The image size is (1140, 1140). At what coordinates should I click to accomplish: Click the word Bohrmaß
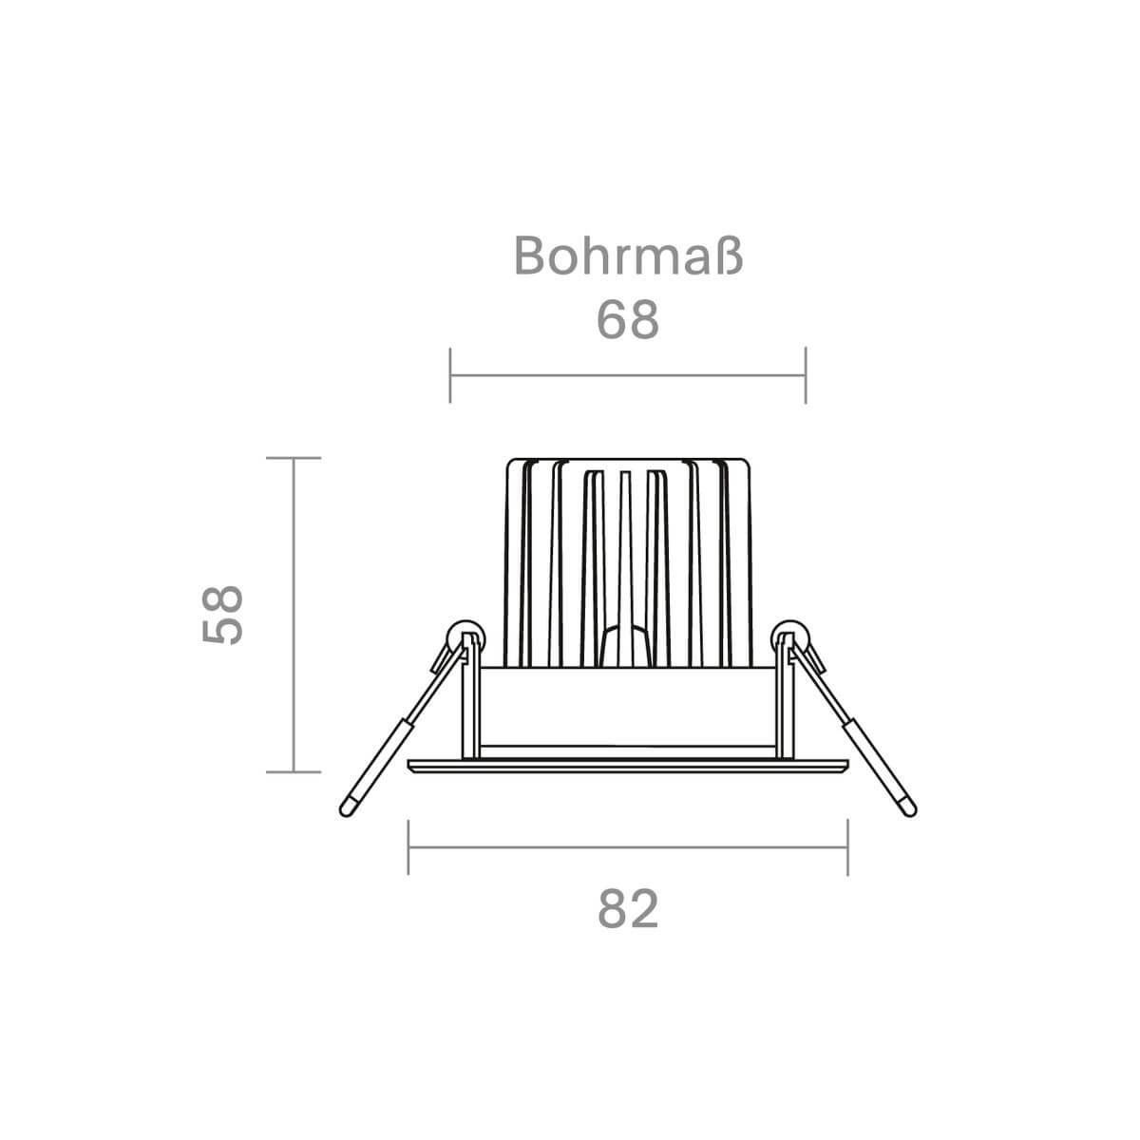(628, 256)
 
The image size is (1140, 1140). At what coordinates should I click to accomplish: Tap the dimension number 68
(628, 320)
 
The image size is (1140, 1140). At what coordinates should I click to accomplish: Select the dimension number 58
(222, 616)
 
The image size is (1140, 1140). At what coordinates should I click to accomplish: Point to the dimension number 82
(628, 908)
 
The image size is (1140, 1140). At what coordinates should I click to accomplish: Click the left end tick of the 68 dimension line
(450, 375)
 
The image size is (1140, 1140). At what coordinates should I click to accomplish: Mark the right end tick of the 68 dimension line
(806, 375)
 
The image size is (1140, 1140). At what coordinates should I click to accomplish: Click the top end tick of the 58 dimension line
(294, 458)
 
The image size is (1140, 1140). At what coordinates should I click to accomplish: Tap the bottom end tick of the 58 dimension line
(294, 772)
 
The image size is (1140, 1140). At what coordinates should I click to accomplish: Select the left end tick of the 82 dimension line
(408, 847)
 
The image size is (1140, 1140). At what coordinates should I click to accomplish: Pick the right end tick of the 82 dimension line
(847, 847)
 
